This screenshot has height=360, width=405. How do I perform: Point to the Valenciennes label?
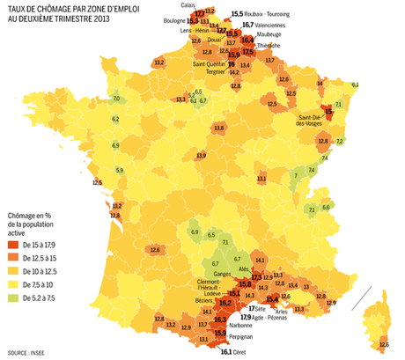tap(270, 26)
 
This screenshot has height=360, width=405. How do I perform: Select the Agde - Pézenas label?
tap(279, 317)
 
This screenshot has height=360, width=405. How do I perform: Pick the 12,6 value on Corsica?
tap(384, 344)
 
